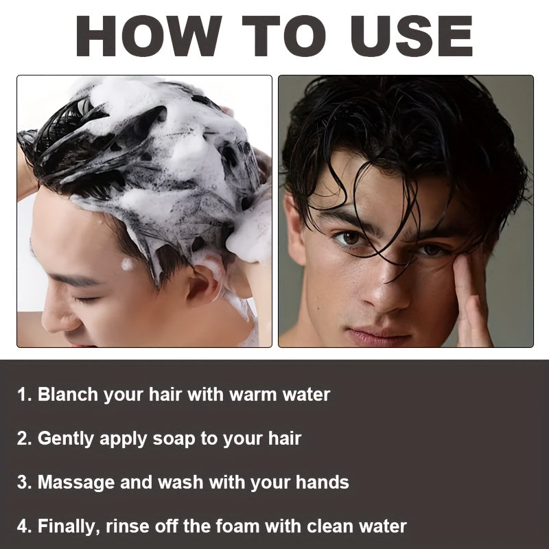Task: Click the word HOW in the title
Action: (149, 36)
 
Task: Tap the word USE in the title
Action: (412, 36)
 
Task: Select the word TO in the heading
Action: (284, 36)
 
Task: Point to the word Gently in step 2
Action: (66, 439)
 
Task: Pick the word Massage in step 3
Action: (76, 483)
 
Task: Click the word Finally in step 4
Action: (67, 526)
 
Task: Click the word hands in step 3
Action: (322, 482)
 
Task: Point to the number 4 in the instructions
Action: (23, 526)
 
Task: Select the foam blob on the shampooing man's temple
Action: (127, 264)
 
